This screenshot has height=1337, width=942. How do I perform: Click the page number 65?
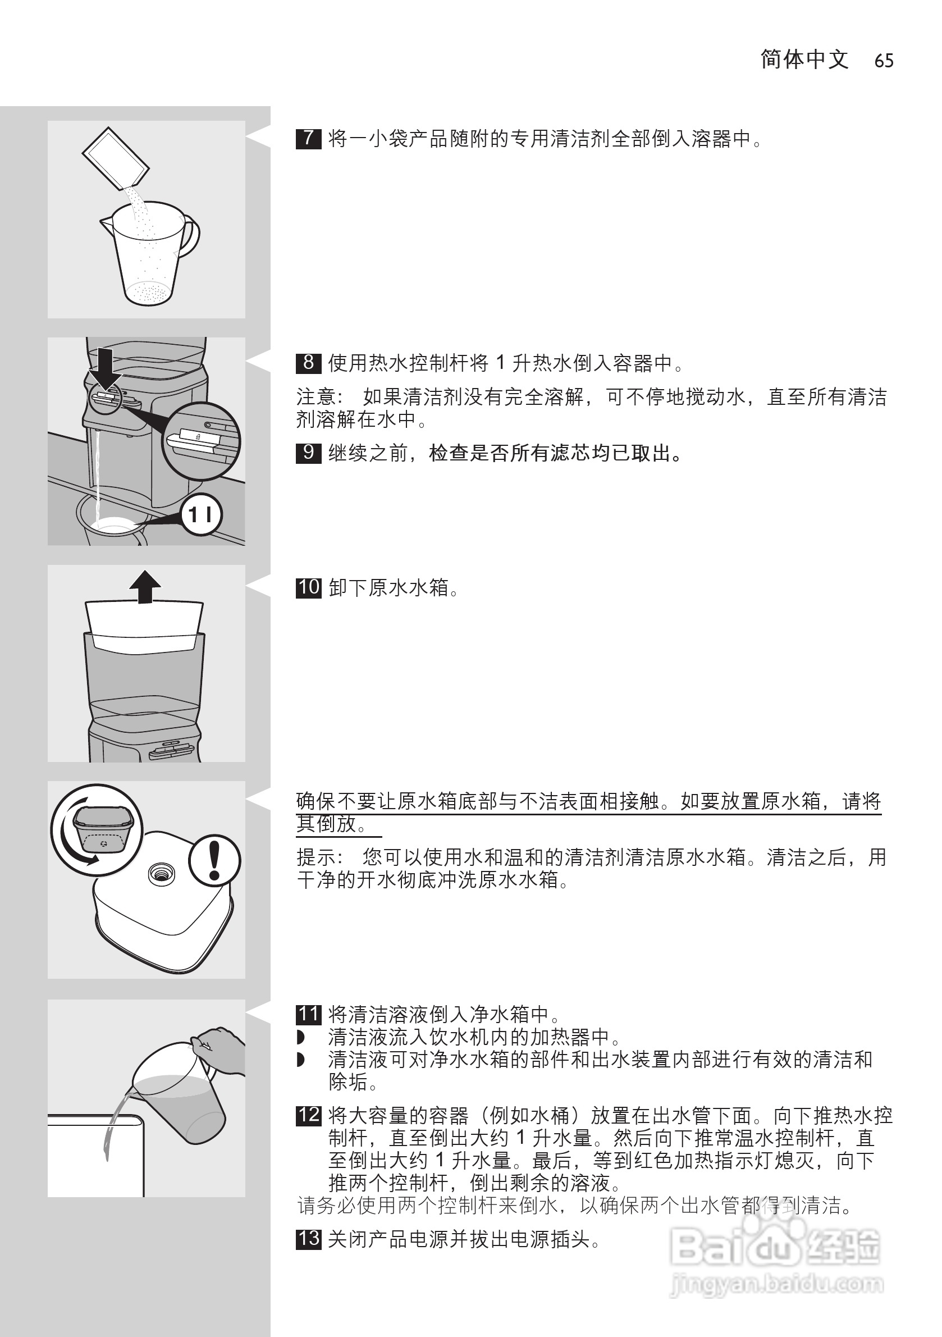coord(883,61)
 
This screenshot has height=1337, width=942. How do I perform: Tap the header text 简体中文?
coord(804,60)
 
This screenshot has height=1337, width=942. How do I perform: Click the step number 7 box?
coord(308,139)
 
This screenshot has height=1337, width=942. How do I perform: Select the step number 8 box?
coord(308,363)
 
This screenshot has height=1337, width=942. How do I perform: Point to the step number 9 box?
coord(308,453)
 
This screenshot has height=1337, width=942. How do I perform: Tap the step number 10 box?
coord(308,587)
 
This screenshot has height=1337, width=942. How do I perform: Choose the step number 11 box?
coord(308,1014)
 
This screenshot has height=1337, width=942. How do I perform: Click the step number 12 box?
coord(308,1115)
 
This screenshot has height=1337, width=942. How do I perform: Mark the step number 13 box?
coord(308,1238)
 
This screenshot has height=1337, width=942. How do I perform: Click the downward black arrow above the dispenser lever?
coord(105,368)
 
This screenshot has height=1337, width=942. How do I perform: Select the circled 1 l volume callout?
coord(201,515)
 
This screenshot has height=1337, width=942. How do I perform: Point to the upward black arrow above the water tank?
coord(145,586)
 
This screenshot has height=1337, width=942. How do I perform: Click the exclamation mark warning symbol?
coord(214,860)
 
